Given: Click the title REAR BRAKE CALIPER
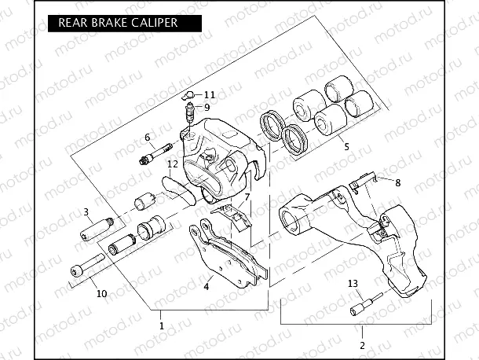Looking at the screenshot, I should pyautogui.click(x=117, y=23).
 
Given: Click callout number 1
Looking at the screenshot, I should pyautogui.click(x=162, y=324).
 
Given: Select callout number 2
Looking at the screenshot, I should pyautogui.click(x=362, y=344).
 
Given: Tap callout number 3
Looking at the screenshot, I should pyautogui.click(x=86, y=211).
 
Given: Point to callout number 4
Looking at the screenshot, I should pyautogui.click(x=207, y=287).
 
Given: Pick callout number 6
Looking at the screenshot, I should pyautogui.click(x=147, y=138).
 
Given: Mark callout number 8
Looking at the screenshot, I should pyautogui.click(x=397, y=182).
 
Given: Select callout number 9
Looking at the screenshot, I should pyautogui.click(x=207, y=107).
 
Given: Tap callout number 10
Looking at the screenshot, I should pyautogui.click(x=101, y=294).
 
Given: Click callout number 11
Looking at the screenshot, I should pyautogui.click(x=208, y=94).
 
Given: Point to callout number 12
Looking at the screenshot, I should pyautogui.click(x=172, y=164).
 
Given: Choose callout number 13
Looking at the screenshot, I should pyautogui.click(x=352, y=283).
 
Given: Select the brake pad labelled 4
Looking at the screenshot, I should pyautogui.click(x=228, y=252).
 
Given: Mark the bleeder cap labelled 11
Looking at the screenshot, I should pyautogui.click(x=188, y=96).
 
